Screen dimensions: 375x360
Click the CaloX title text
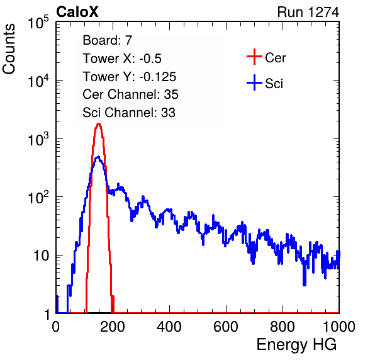[x=77, y=12]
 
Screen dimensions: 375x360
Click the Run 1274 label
[x=308, y=12]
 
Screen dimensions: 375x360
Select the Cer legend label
[x=275, y=58]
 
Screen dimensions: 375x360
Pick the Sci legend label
[x=274, y=84]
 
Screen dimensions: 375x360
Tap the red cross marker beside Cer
[x=254, y=57]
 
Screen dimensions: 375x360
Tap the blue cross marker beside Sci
[x=254, y=82]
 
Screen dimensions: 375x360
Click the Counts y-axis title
[x=9, y=49]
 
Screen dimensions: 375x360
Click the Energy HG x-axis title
[x=296, y=345]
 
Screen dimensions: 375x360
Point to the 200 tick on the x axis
[x=113, y=326]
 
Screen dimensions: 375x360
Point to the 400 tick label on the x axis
[x=169, y=326]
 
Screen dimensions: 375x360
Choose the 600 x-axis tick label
[x=226, y=326]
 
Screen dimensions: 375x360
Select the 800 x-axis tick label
[x=283, y=326]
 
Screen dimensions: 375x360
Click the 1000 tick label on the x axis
[x=339, y=326]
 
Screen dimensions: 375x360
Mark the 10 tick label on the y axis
[x=41, y=256]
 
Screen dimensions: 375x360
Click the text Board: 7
[x=108, y=40]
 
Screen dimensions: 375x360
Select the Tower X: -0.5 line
[x=122, y=59]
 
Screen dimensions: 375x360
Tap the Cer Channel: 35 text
[x=130, y=94]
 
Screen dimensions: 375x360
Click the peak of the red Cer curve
[x=99, y=123]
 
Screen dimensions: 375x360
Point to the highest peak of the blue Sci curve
[x=98, y=157]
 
